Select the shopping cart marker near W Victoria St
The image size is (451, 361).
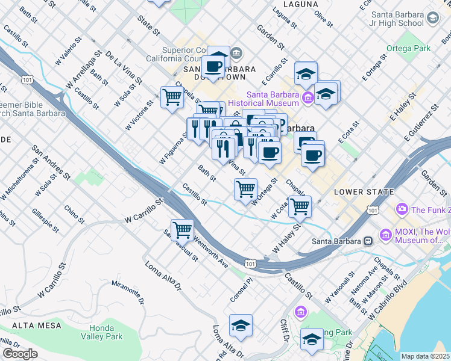click(x=172, y=97)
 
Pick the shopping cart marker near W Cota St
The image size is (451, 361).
click(x=300, y=207)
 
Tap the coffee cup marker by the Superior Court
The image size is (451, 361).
click(x=214, y=66)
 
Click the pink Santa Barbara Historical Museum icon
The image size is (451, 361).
click(x=307, y=96)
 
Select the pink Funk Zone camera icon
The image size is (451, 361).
click(x=402, y=209)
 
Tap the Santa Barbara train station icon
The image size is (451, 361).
click(x=367, y=241)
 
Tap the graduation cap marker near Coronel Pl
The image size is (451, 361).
click(x=241, y=326)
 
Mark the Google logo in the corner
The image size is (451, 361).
click(x=20, y=354)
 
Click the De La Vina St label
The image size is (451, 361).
click(x=123, y=67)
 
